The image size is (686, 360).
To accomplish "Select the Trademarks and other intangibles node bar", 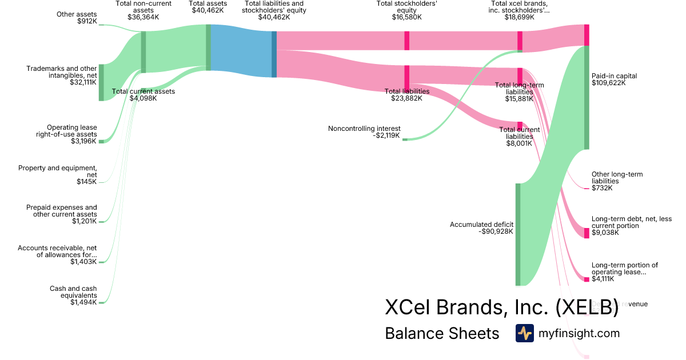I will pyautogui.click(x=101, y=83).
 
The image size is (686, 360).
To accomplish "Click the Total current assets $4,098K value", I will pyautogui.click(x=143, y=98).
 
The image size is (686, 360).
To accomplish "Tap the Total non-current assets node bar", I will pyautogui.click(x=143, y=52).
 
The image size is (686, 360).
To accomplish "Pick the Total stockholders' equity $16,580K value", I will pyautogui.click(x=406, y=17).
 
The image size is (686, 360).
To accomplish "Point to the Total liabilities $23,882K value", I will pyautogui.click(x=406, y=98).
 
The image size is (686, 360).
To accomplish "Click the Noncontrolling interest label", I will pyautogui.click(x=364, y=129).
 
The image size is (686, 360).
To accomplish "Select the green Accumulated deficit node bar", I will pyautogui.click(x=518, y=234).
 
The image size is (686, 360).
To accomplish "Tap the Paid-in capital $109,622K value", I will pyautogui.click(x=609, y=83).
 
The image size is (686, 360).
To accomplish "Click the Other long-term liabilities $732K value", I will pyautogui.click(x=602, y=188).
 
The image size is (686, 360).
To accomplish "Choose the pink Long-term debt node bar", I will pyautogui.click(x=587, y=233).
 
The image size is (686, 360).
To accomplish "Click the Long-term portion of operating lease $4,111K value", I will pyautogui.click(x=603, y=279).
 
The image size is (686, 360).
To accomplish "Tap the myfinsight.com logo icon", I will pyautogui.click(x=524, y=333).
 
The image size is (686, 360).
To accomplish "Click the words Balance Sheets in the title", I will pyautogui.click(x=442, y=333).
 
